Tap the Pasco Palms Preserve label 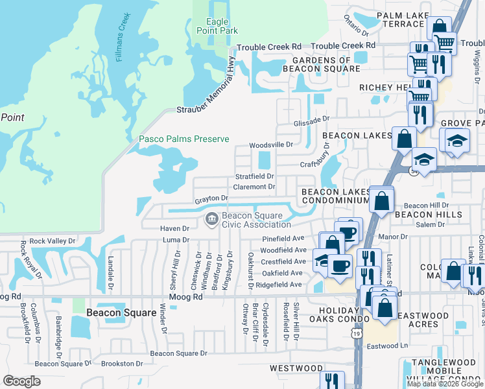click(x=184, y=139)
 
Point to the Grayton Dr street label click(x=211, y=198)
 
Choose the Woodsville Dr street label click(x=272, y=145)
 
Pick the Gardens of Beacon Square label click(x=318, y=64)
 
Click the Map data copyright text click(x=444, y=384)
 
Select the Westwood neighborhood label click(x=296, y=368)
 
